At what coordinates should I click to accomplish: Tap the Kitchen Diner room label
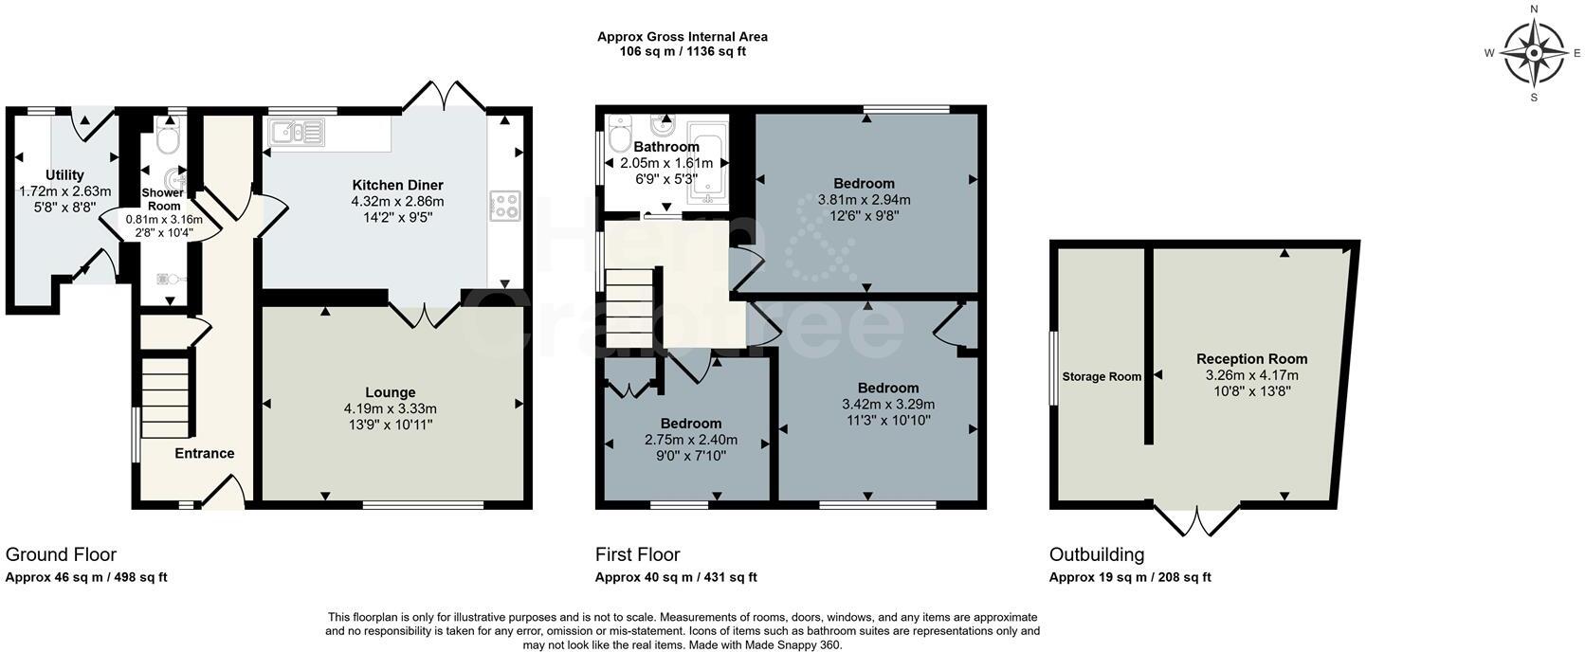[x=397, y=186]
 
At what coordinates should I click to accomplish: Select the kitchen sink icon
[x=296, y=133]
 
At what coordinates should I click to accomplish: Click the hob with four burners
[x=505, y=206]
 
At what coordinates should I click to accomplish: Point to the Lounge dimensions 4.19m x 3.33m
[x=390, y=408]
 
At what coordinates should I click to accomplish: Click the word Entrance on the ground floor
[x=205, y=453]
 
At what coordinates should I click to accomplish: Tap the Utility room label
[x=65, y=175]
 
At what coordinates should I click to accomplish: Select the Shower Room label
[x=163, y=199]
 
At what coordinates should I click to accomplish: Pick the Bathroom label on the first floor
[x=665, y=147]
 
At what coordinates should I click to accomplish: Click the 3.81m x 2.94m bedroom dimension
[x=864, y=200]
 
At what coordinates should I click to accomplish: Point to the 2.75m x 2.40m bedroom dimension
[x=691, y=440]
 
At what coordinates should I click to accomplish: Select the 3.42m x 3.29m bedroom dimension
[x=888, y=405]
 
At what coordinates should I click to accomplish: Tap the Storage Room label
[x=1102, y=377]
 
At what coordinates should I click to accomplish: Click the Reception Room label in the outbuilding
[x=1251, y=359]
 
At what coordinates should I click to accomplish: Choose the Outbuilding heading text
[x=1096, y=554]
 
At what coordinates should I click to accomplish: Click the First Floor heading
[x=638, y=554]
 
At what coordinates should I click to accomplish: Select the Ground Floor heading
[x=61, y=554]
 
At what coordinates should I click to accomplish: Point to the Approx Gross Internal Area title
[x=683, y=37]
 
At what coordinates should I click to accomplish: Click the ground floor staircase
[x=166, y=398]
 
